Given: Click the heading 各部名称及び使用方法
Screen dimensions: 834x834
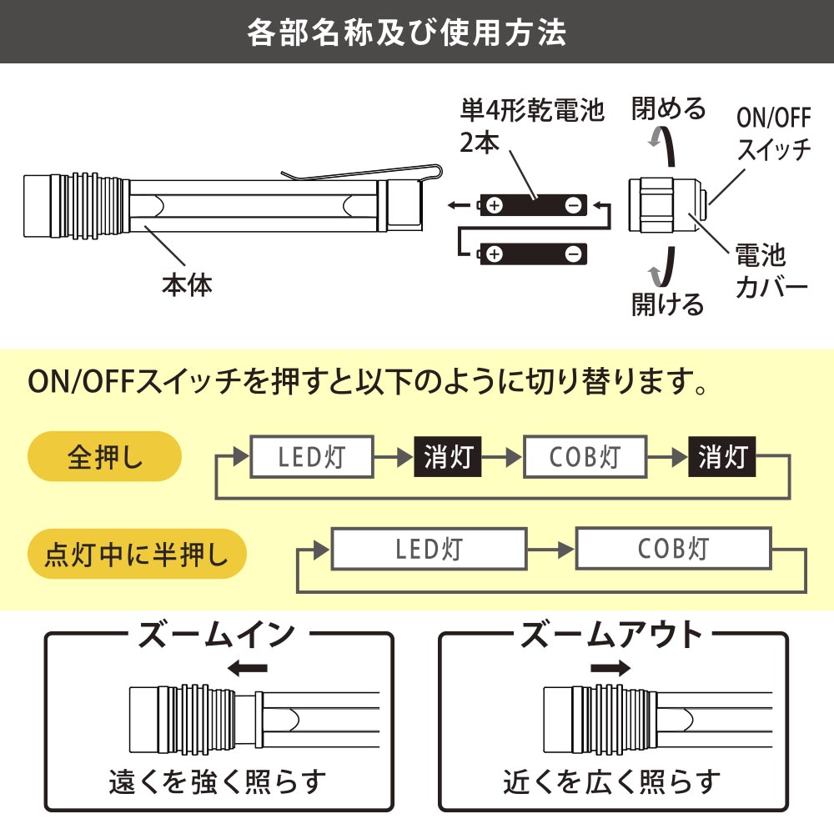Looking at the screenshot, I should click(x=407, y=32).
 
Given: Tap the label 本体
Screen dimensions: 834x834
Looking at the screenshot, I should click(x=187, y=284).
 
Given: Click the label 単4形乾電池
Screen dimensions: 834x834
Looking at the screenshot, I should click(x=532, y=110).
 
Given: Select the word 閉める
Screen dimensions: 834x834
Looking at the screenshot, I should click(x=669, y=108).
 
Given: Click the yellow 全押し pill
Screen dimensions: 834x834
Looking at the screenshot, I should click(x=105, y=458).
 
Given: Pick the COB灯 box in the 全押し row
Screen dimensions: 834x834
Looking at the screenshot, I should click(x=585, y=457).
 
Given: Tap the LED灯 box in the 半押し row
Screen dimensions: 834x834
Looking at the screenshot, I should click(x=430, y=549).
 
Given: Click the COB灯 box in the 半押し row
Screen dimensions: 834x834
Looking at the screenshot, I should click(x=673, y=549).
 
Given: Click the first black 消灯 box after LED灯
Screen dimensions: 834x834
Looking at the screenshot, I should click(x=448, y=457).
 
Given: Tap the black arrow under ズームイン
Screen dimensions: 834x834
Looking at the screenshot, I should click(x=248, y=668).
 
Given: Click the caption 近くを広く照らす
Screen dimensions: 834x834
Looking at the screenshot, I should click(x=612, y=781).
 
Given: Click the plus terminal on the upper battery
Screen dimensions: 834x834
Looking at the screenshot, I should click(x=495, y=205).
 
